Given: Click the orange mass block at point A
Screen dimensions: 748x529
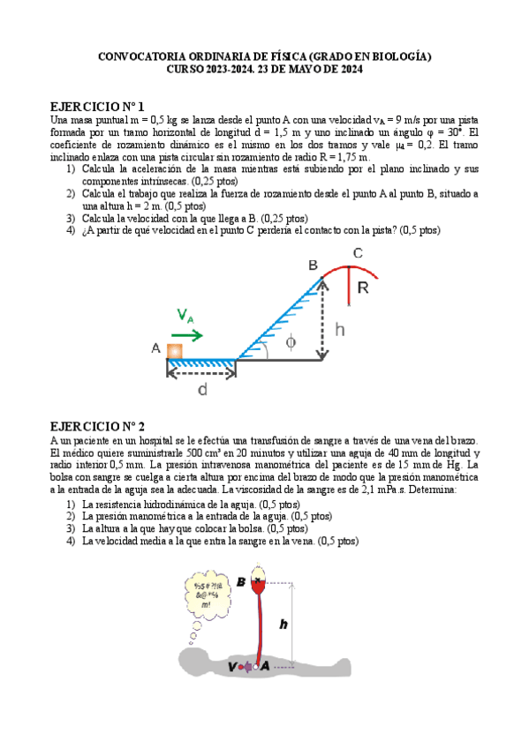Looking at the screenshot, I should [175, 350].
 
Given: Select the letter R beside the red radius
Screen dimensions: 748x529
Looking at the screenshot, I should [363, 288].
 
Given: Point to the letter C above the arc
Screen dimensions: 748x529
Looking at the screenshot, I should [358, 254].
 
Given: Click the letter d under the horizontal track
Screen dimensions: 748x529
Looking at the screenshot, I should [202, 389].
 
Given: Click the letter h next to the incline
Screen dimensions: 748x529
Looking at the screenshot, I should [341, 330].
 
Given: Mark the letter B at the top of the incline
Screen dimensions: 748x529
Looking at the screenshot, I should [313, 265].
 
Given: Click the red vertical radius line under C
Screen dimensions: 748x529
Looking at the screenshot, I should [350, 287].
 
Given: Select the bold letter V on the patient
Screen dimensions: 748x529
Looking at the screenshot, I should [232, 668].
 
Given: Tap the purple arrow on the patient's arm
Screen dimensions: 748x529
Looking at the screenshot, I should [246, 668].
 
